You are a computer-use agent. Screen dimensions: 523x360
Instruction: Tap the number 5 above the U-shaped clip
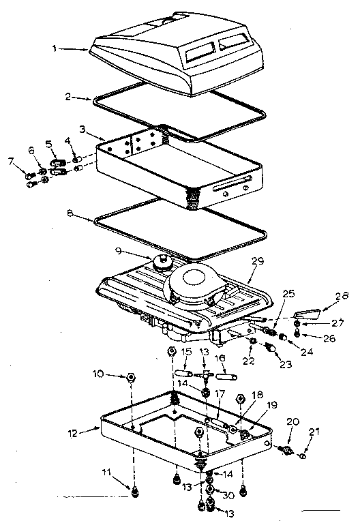click(x=48, y=144)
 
